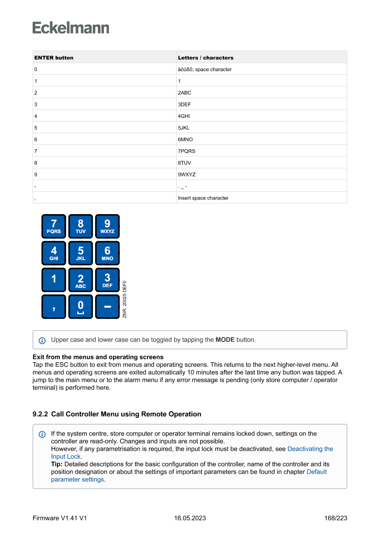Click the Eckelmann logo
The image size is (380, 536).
tap(71, 28)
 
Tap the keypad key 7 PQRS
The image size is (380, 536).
tap(54, 226)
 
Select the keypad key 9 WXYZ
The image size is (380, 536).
tap(107, 226)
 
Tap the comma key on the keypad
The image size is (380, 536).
tap(54, 306)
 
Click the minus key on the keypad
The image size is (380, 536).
tap(107, 306)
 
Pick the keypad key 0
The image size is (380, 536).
tap(80, 306)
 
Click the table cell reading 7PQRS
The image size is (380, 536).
tap(187, 151)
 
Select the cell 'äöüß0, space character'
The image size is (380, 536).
tap(204, 69)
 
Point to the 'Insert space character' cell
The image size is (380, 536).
tap(203, 198)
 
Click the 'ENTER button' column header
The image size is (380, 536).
tap(54, 58)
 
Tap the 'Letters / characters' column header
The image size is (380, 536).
tap(205, 58)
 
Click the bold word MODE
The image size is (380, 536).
tap(225, 340)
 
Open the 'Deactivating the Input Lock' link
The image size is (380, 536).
tap(310, 449)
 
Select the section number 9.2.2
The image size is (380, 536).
tap(40, 414)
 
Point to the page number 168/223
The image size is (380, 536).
tap(335, 518)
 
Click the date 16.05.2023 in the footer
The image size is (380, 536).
tap(190, 518)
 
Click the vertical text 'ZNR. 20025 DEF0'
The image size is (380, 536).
tap(125, 299)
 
